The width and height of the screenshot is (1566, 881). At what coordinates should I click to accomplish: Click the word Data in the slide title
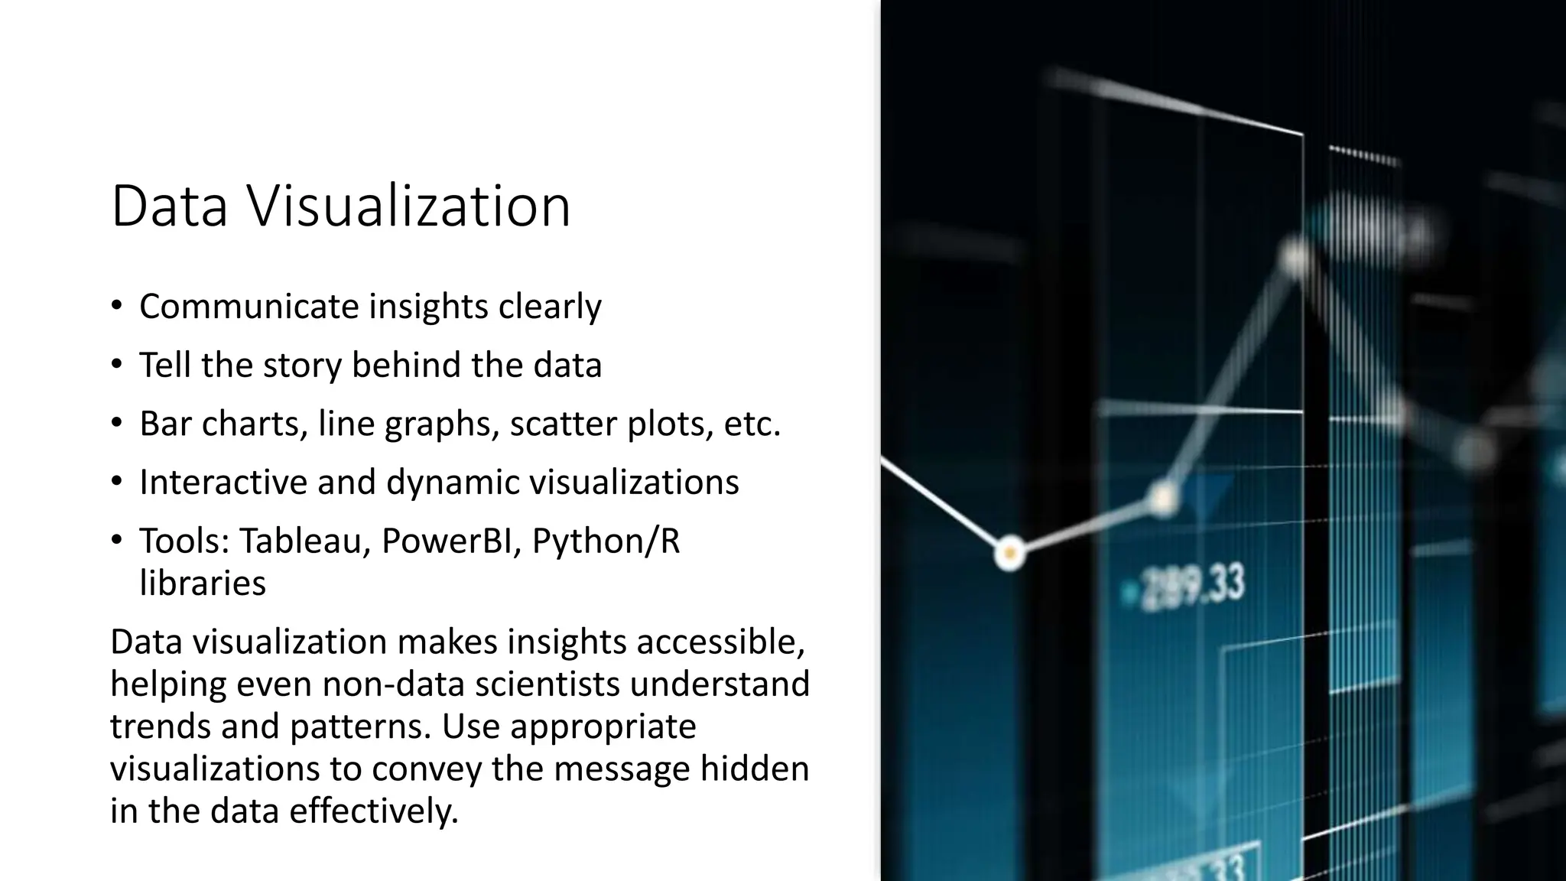click(169, 206)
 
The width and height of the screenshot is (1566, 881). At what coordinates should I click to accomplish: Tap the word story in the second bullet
click(302, 365)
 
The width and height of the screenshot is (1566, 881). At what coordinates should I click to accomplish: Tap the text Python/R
click(606, 541)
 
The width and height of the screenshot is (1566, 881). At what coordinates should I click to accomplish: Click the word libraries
click(203, 584)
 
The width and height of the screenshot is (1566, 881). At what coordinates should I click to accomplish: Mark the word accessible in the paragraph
click(720, 642)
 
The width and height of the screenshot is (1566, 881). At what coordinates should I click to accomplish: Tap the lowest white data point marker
click(1009, 552)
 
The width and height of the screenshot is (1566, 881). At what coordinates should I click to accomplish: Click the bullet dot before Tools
click(116, 541)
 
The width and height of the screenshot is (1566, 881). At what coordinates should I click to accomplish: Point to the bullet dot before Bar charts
click(116, 423)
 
